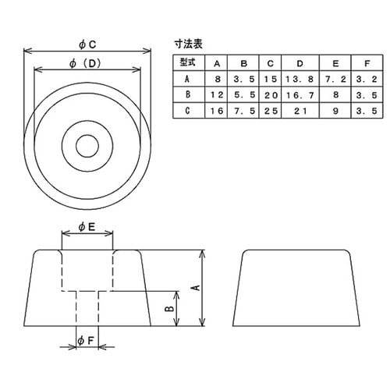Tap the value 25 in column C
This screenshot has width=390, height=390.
point(270,112)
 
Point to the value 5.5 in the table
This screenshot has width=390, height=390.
point(243,95)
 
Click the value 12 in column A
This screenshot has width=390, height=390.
point(216,95)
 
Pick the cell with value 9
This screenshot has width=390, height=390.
point(335,112)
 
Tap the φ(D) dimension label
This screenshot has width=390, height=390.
point(87,63)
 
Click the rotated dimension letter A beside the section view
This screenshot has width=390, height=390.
point(195,287)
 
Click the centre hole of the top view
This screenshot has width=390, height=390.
point(87,144)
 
